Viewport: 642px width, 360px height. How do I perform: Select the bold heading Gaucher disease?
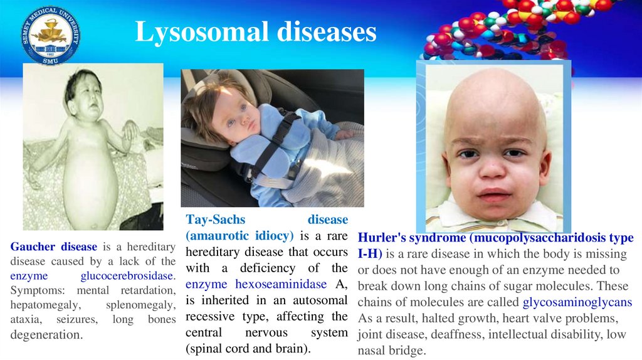pos(54,246)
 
